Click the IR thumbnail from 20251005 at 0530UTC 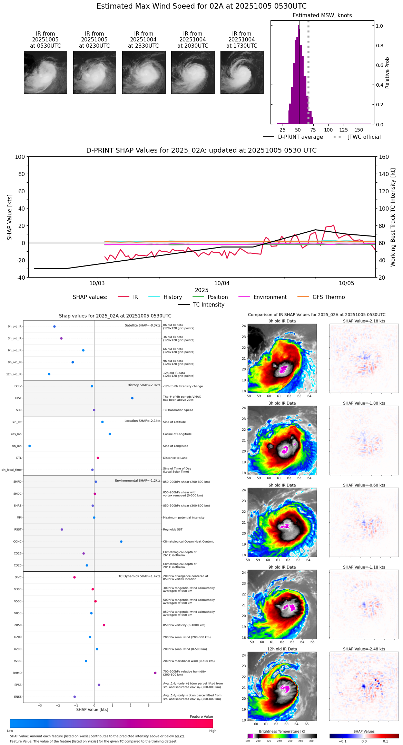[x=45, y=72]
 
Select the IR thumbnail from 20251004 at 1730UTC [x=242, y=72]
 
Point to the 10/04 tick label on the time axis [x=222, y=283]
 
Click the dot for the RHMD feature [x=155, y=673]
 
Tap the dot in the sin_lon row [x=30, y=446]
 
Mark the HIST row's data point [x=132, y=398]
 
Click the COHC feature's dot [x=121, y=542]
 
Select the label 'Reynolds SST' [x=173, y=530]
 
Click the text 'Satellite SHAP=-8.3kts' [x=142, y=326]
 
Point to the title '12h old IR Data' [x=282, y=649]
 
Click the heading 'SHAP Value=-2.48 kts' [x=364, y=649]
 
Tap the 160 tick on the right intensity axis [x=384, y=157]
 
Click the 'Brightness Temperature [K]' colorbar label [x=282, y=731]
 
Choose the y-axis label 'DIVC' [x=18, y=578]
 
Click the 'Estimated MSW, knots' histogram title [x=322, y=16]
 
